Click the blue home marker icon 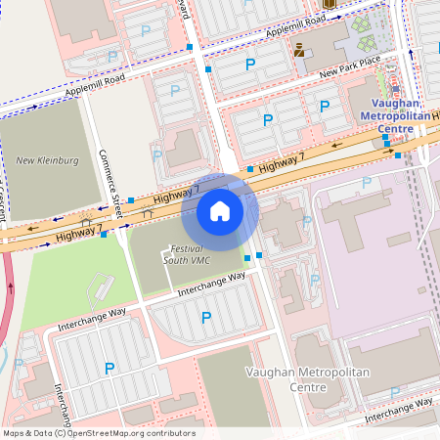(220, 210)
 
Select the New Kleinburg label (40, 159)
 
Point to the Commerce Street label (110, 184)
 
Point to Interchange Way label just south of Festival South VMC (211, 284)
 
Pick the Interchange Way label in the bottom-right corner (399, 410)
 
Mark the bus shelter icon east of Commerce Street (148, 212)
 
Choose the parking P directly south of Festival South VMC (205, 317)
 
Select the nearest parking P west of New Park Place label (250, 65)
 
